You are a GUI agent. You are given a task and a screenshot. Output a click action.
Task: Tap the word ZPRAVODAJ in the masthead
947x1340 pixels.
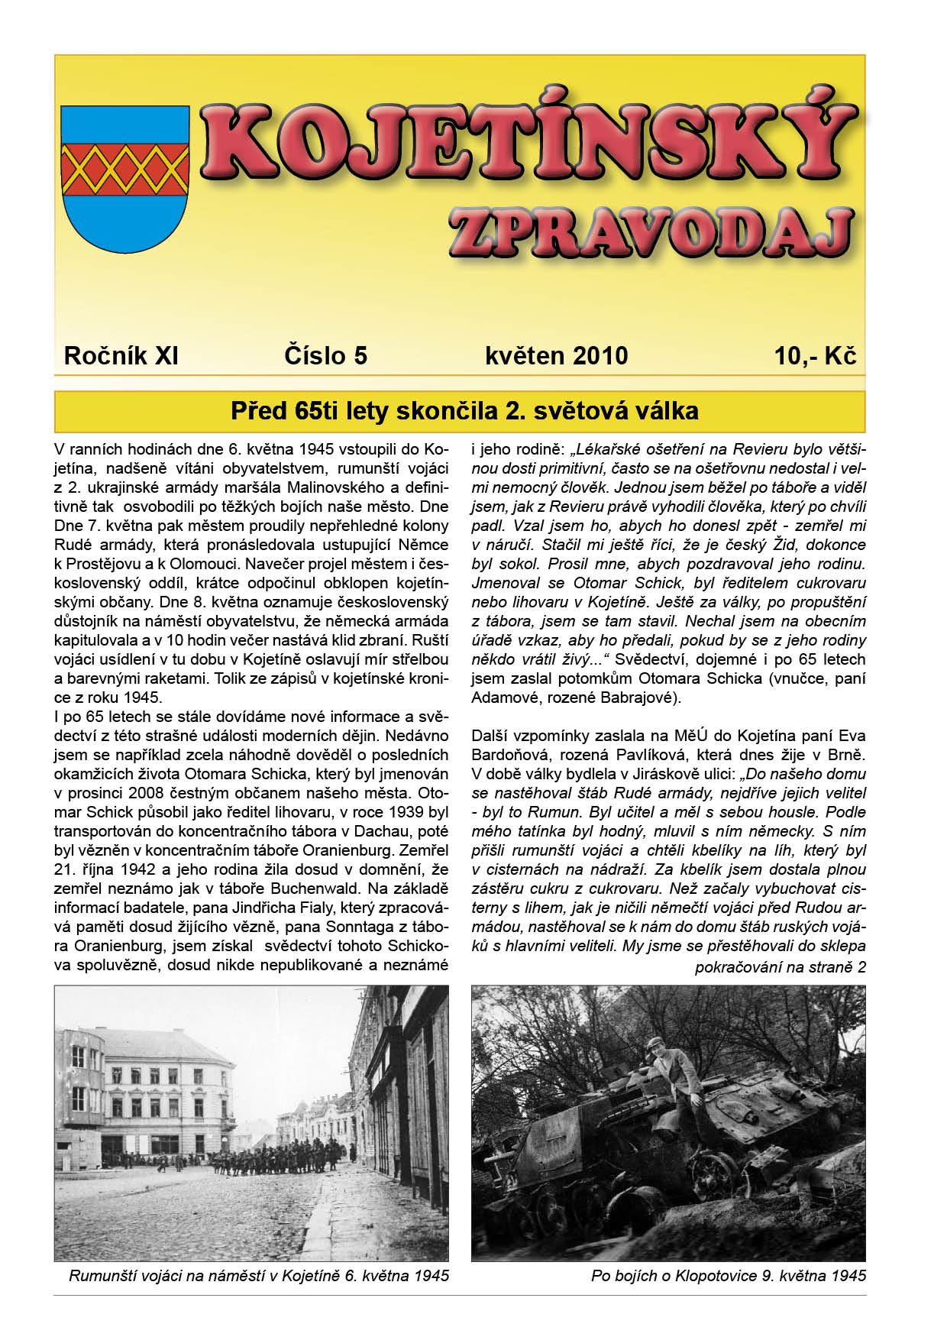coord(650,232)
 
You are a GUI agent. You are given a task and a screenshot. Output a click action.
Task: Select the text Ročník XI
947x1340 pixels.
coord(121,356)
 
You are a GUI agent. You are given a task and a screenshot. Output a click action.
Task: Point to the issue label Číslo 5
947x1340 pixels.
coord(325,356)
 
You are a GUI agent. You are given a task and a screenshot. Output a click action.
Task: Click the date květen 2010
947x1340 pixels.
coord(556,356)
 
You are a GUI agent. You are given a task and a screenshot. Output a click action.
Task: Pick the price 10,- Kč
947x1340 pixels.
coord(815,356)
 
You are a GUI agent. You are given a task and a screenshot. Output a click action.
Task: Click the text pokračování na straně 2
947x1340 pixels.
coord(780,967)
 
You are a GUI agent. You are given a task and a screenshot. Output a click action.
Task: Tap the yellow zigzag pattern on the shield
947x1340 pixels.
coord(124,169)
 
